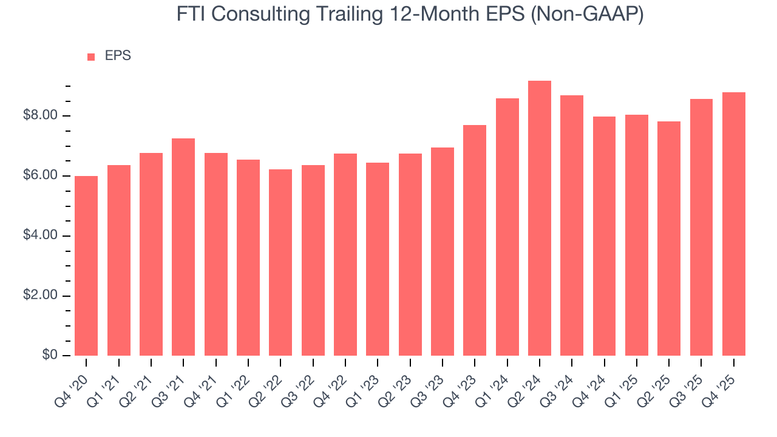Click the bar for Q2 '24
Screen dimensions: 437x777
[x=540, y=218]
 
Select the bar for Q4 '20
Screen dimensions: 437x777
[x=86, y=266]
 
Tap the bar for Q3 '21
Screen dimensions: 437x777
[x=183, y=247]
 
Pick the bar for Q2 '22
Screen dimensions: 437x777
[x=280, y=262]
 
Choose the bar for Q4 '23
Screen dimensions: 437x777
[x=475, y=240]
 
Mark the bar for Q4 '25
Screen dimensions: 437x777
[x=734, y=224]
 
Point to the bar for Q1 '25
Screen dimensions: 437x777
[x=637, y=235]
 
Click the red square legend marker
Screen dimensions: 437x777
[x=91, y=56]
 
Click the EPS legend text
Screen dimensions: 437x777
[x=118, y=56]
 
